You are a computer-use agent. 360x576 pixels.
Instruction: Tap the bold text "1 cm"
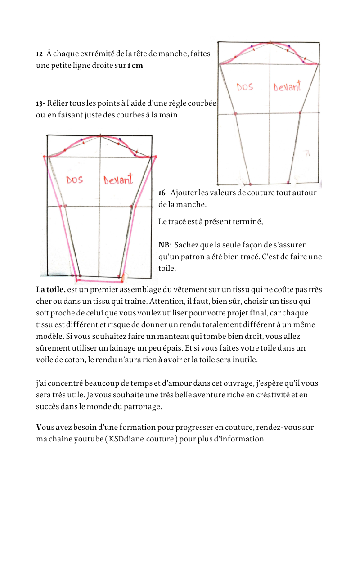pos(135,66)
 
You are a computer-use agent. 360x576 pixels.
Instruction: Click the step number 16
pos(162,193)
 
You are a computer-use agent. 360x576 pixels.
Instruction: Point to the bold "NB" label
pos(164,245)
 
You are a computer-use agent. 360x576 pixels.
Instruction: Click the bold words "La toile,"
pos(51,289)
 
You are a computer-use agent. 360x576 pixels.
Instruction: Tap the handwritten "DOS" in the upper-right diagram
pos(245,87)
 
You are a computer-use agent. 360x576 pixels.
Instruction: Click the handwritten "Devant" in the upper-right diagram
pos(287,86)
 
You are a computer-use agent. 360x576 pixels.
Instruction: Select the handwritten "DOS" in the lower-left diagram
pos(75,180)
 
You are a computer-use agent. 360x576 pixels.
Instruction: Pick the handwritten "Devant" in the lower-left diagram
pos(118,180)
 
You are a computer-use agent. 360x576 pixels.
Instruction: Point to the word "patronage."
pos(141,406)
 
